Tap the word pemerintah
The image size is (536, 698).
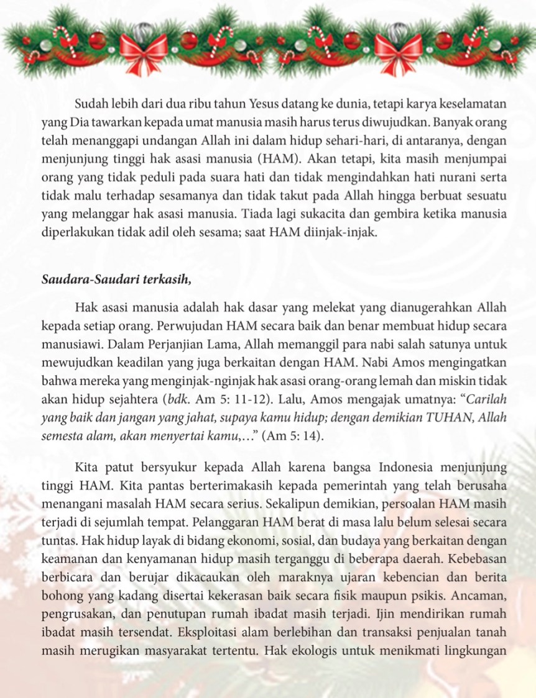(318, 483)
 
